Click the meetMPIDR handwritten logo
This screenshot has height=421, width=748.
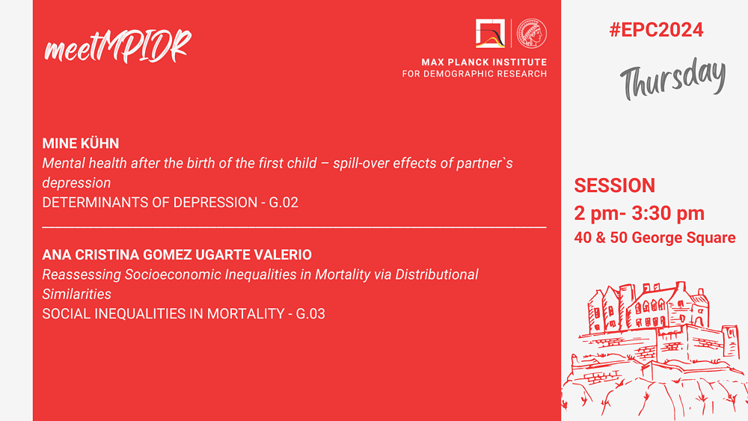(x=117, y=46)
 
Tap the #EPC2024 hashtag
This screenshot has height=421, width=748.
(x=656, y=30)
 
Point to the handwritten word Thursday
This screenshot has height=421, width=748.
(x=673, y=79)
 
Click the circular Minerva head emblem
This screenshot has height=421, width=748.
(x=532, y=34)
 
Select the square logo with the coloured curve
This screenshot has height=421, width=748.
(x=490, y=34)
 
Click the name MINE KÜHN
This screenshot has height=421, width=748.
(x=81, y=144)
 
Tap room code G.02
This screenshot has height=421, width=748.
(x=283, y=203)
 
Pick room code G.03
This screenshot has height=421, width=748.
(x=310, y=314)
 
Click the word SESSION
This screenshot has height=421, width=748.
(x=614, y=185)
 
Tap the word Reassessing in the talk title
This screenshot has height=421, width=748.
(x=82, y=275)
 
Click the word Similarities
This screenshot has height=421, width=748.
(x=76, y=294)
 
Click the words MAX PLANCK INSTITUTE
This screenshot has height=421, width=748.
(x=484, y=62)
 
